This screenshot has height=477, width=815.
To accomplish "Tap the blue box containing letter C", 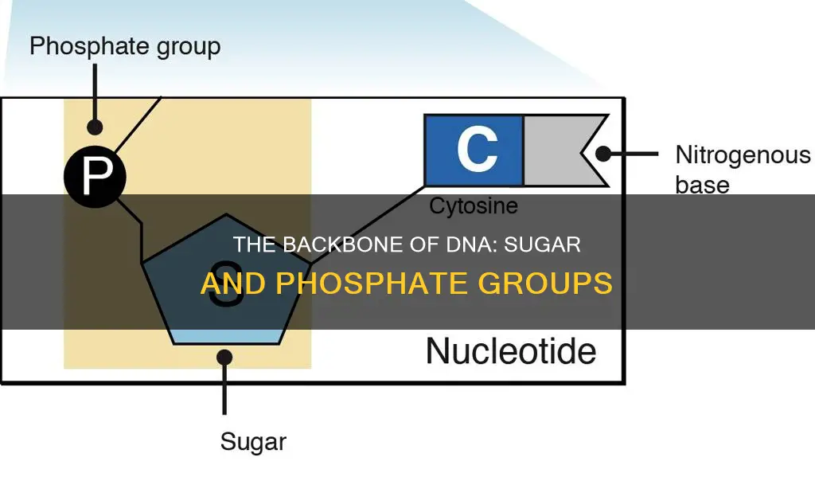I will pyautogui.click(x=474, y=150).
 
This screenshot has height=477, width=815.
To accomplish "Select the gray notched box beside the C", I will pyautogui.click(x=557, y=150).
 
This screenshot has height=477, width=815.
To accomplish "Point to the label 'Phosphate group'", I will pyautogui.click(x=125, y=45).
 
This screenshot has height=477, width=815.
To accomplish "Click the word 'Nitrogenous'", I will pyautogui.click(x=743, y=154).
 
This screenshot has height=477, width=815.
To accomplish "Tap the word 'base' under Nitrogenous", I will pyautogui.click(x=702, y=185).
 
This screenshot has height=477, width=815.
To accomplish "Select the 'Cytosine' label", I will pyautogui.click(x=474, y=206).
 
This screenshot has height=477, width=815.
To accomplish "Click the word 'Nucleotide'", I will pyautogui.click(x=511, y=350).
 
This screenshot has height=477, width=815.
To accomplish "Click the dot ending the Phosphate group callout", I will pyautogui.click(x=96, y=127).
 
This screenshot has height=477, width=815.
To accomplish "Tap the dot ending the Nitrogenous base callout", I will pyautogui.click(x=603, y=154).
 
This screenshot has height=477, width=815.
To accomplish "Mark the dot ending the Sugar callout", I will pyautogui.click(x=225, y=359).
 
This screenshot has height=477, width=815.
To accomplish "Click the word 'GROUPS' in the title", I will pyautogui.click(x=541, y=283).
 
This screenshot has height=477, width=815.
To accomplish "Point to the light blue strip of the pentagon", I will pyautogui.click(x=226, y=336).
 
